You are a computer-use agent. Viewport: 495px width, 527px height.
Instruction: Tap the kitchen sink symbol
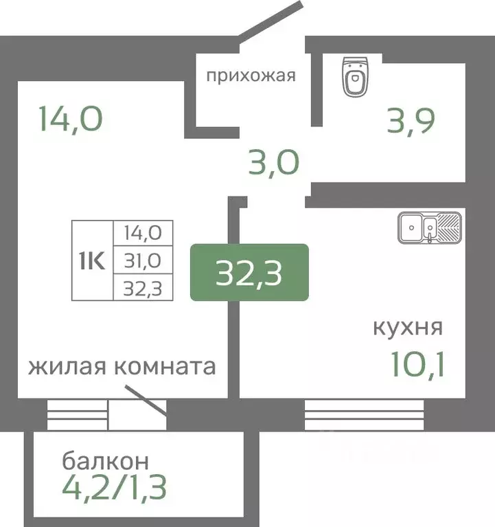pos(430,227)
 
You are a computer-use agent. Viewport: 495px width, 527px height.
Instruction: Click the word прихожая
pos(251,75)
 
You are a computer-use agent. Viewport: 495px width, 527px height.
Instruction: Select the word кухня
pos(407,326)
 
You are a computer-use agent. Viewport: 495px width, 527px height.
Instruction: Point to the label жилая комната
pos(122,366)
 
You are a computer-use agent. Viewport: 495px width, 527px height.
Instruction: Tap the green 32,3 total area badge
pos(249,272)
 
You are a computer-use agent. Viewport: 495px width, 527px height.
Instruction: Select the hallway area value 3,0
pos(273,163)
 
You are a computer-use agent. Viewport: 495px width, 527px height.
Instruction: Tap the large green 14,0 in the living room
pos(71,119)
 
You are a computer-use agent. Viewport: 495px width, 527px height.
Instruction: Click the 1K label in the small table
pos(93,261)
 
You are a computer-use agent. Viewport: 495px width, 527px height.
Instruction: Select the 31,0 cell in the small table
pos(143,261)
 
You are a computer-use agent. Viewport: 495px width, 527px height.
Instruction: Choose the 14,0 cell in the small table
pos(143,232)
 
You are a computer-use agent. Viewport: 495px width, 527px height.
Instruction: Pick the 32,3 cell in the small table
pos(143,289)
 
